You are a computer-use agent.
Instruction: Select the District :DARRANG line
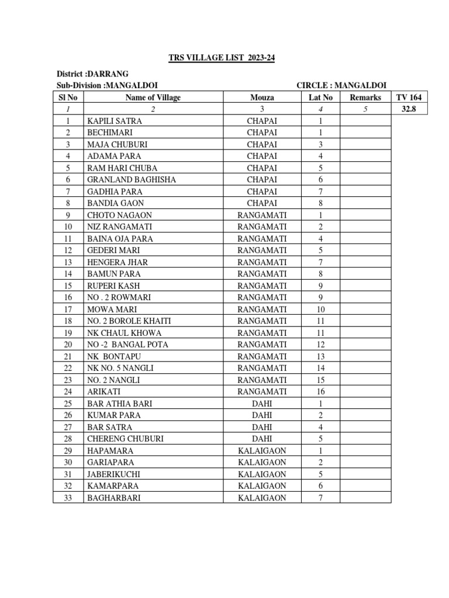pyautogui.click(x=92, y=74)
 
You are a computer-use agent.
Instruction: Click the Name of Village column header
pyautogui.click(x=153, y=98)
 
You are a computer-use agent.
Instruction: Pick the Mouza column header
pyautogui.click(x=262, y=98)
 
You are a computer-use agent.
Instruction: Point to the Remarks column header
pyautogui.click(x=365, y=98)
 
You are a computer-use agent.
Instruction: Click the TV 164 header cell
pyautogui.click(x=409, y=98)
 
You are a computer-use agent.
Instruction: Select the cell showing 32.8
pyautogui.click(x=409, y=109)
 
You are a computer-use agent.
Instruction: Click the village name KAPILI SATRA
pyautogui.click(x=115, y=121)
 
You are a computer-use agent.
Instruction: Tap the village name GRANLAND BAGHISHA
pyautogui.click(x=132, y=180)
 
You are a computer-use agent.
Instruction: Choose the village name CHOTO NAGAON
pyautogui.click(x=119, y=215)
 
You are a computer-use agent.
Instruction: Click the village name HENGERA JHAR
pyautogui.click(x=118, y=262)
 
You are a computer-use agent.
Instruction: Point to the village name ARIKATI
pyautogui.click(x=104, y=391)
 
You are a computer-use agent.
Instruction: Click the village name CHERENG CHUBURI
pyautogui.click(x=125, y=439)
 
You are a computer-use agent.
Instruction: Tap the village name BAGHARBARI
pyautogui.click(x=113, y=498)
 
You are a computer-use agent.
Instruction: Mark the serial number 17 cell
pyautogui.click(x=68, y=309)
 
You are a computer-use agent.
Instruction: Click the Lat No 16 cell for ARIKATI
pyautogui.click(x=320, y=391)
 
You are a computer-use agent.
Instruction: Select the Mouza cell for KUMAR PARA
pyautogui.click(x=262, y=415)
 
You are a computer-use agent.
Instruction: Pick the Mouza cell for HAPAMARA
pyautogui.click(x=262, y=450)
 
